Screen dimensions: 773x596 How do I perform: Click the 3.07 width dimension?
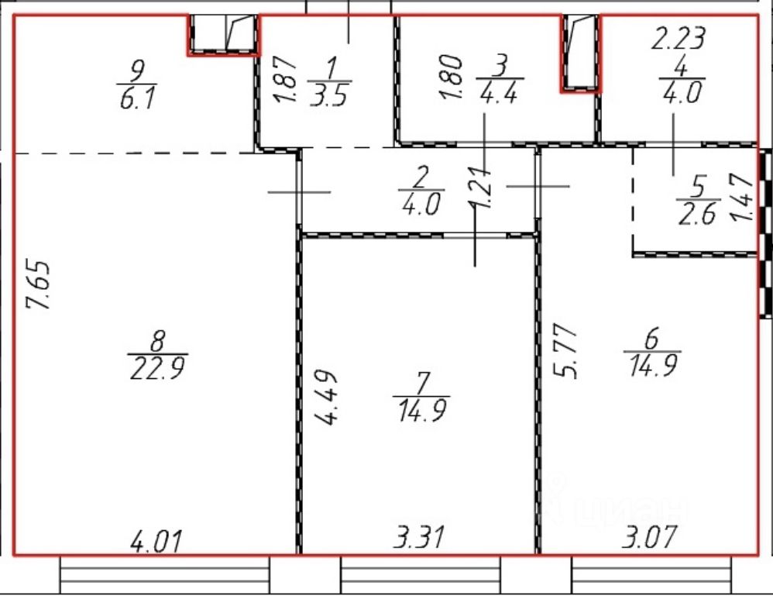pos(648,536)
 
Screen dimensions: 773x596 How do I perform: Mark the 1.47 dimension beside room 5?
pos(740,199)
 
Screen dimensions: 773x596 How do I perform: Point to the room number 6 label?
pos(651,339)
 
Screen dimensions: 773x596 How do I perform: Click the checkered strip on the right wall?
pos(765,233)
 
